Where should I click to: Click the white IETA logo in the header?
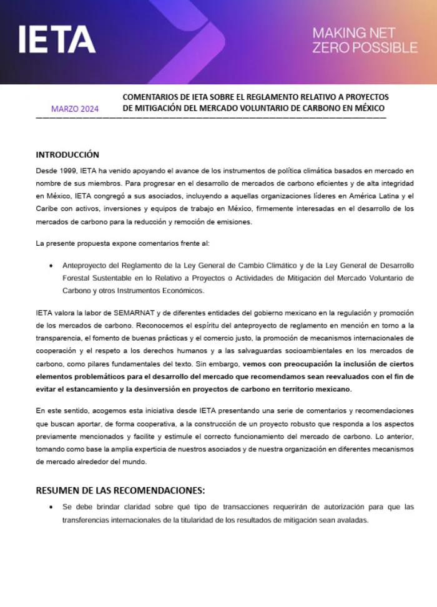pyautogui.click(x=57, y=39)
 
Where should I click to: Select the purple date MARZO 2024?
pyautogui.click(x=75, y=109)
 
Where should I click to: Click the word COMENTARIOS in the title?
pyautogui.click(x=150, y=97)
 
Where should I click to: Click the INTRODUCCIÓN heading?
pyautogui.click(x=67, y=155)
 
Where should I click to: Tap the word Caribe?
pyautogui.click(x=47, y=209)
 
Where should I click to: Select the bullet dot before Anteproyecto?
pyautogui.click(x=51, y=266)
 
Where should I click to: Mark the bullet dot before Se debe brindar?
pyautogui.click(x=51, y=507)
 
